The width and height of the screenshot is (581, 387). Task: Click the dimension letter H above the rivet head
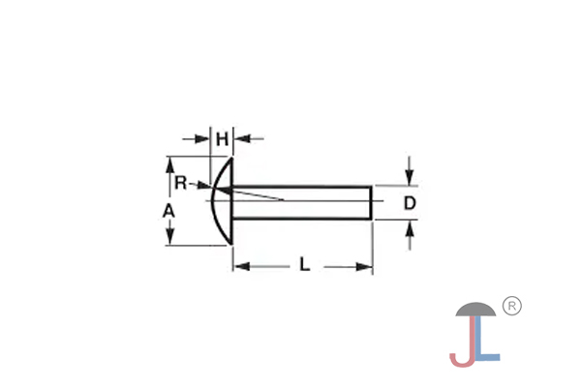[222, 139]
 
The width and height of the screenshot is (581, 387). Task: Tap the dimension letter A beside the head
[168, 210]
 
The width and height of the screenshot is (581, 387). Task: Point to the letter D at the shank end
[410, 203]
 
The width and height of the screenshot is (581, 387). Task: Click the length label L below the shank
[304, 264]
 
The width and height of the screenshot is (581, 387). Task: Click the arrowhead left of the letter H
[205, 139]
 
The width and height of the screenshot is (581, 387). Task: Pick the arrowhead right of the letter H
[239, 139]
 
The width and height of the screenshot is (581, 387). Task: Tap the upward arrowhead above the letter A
[168, 165]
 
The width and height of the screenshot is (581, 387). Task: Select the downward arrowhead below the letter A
[168, 238]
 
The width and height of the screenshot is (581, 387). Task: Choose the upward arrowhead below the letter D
[410, 229]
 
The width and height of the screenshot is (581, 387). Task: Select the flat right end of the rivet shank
[372, 203]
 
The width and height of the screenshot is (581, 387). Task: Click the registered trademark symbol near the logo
[513, 306]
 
